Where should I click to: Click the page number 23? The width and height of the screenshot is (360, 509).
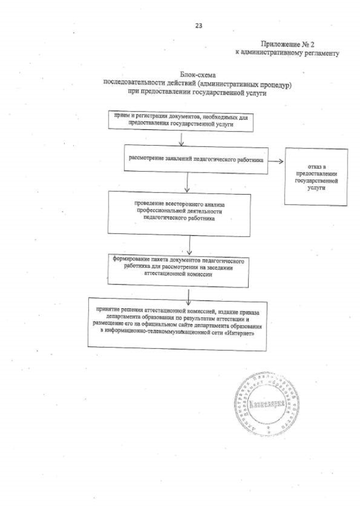[197, 25]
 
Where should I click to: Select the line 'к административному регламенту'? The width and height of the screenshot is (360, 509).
[287, 53]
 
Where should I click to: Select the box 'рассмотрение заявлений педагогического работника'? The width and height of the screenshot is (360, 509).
[196, 159]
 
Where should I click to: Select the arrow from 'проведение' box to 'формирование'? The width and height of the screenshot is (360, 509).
[190, 244]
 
